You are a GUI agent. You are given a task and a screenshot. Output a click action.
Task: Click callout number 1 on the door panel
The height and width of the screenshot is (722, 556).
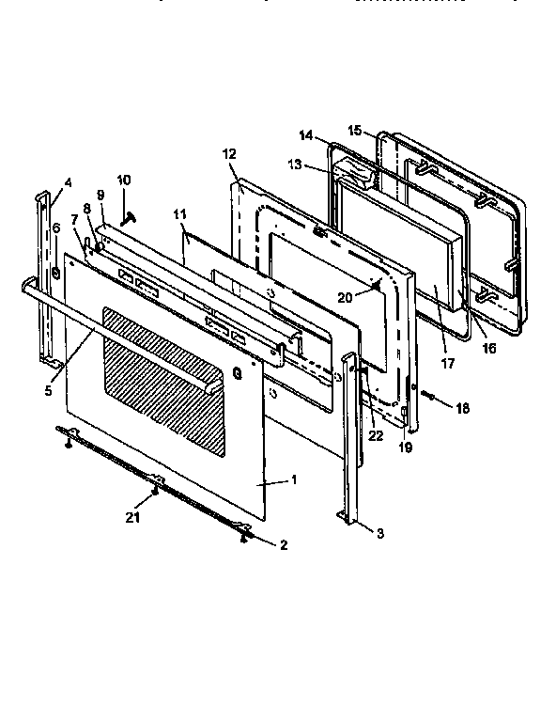pyautogui.click(x=294, y=479)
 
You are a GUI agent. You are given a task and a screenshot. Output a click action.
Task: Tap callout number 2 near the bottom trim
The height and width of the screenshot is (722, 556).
pyautogui.click(x=284, y=545)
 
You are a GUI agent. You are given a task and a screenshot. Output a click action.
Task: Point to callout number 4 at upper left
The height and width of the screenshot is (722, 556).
pyautogui.click(x=68, y=183)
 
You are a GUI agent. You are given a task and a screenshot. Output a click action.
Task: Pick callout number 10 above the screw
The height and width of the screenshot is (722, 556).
pyautogui.click(x=124, y=180)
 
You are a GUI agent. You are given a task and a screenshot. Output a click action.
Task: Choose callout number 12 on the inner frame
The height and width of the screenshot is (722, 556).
pyautogui.click(x=231, y=153)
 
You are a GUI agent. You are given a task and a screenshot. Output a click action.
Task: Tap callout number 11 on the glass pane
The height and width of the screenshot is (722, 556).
pyautogui.click(x=180, y=215)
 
